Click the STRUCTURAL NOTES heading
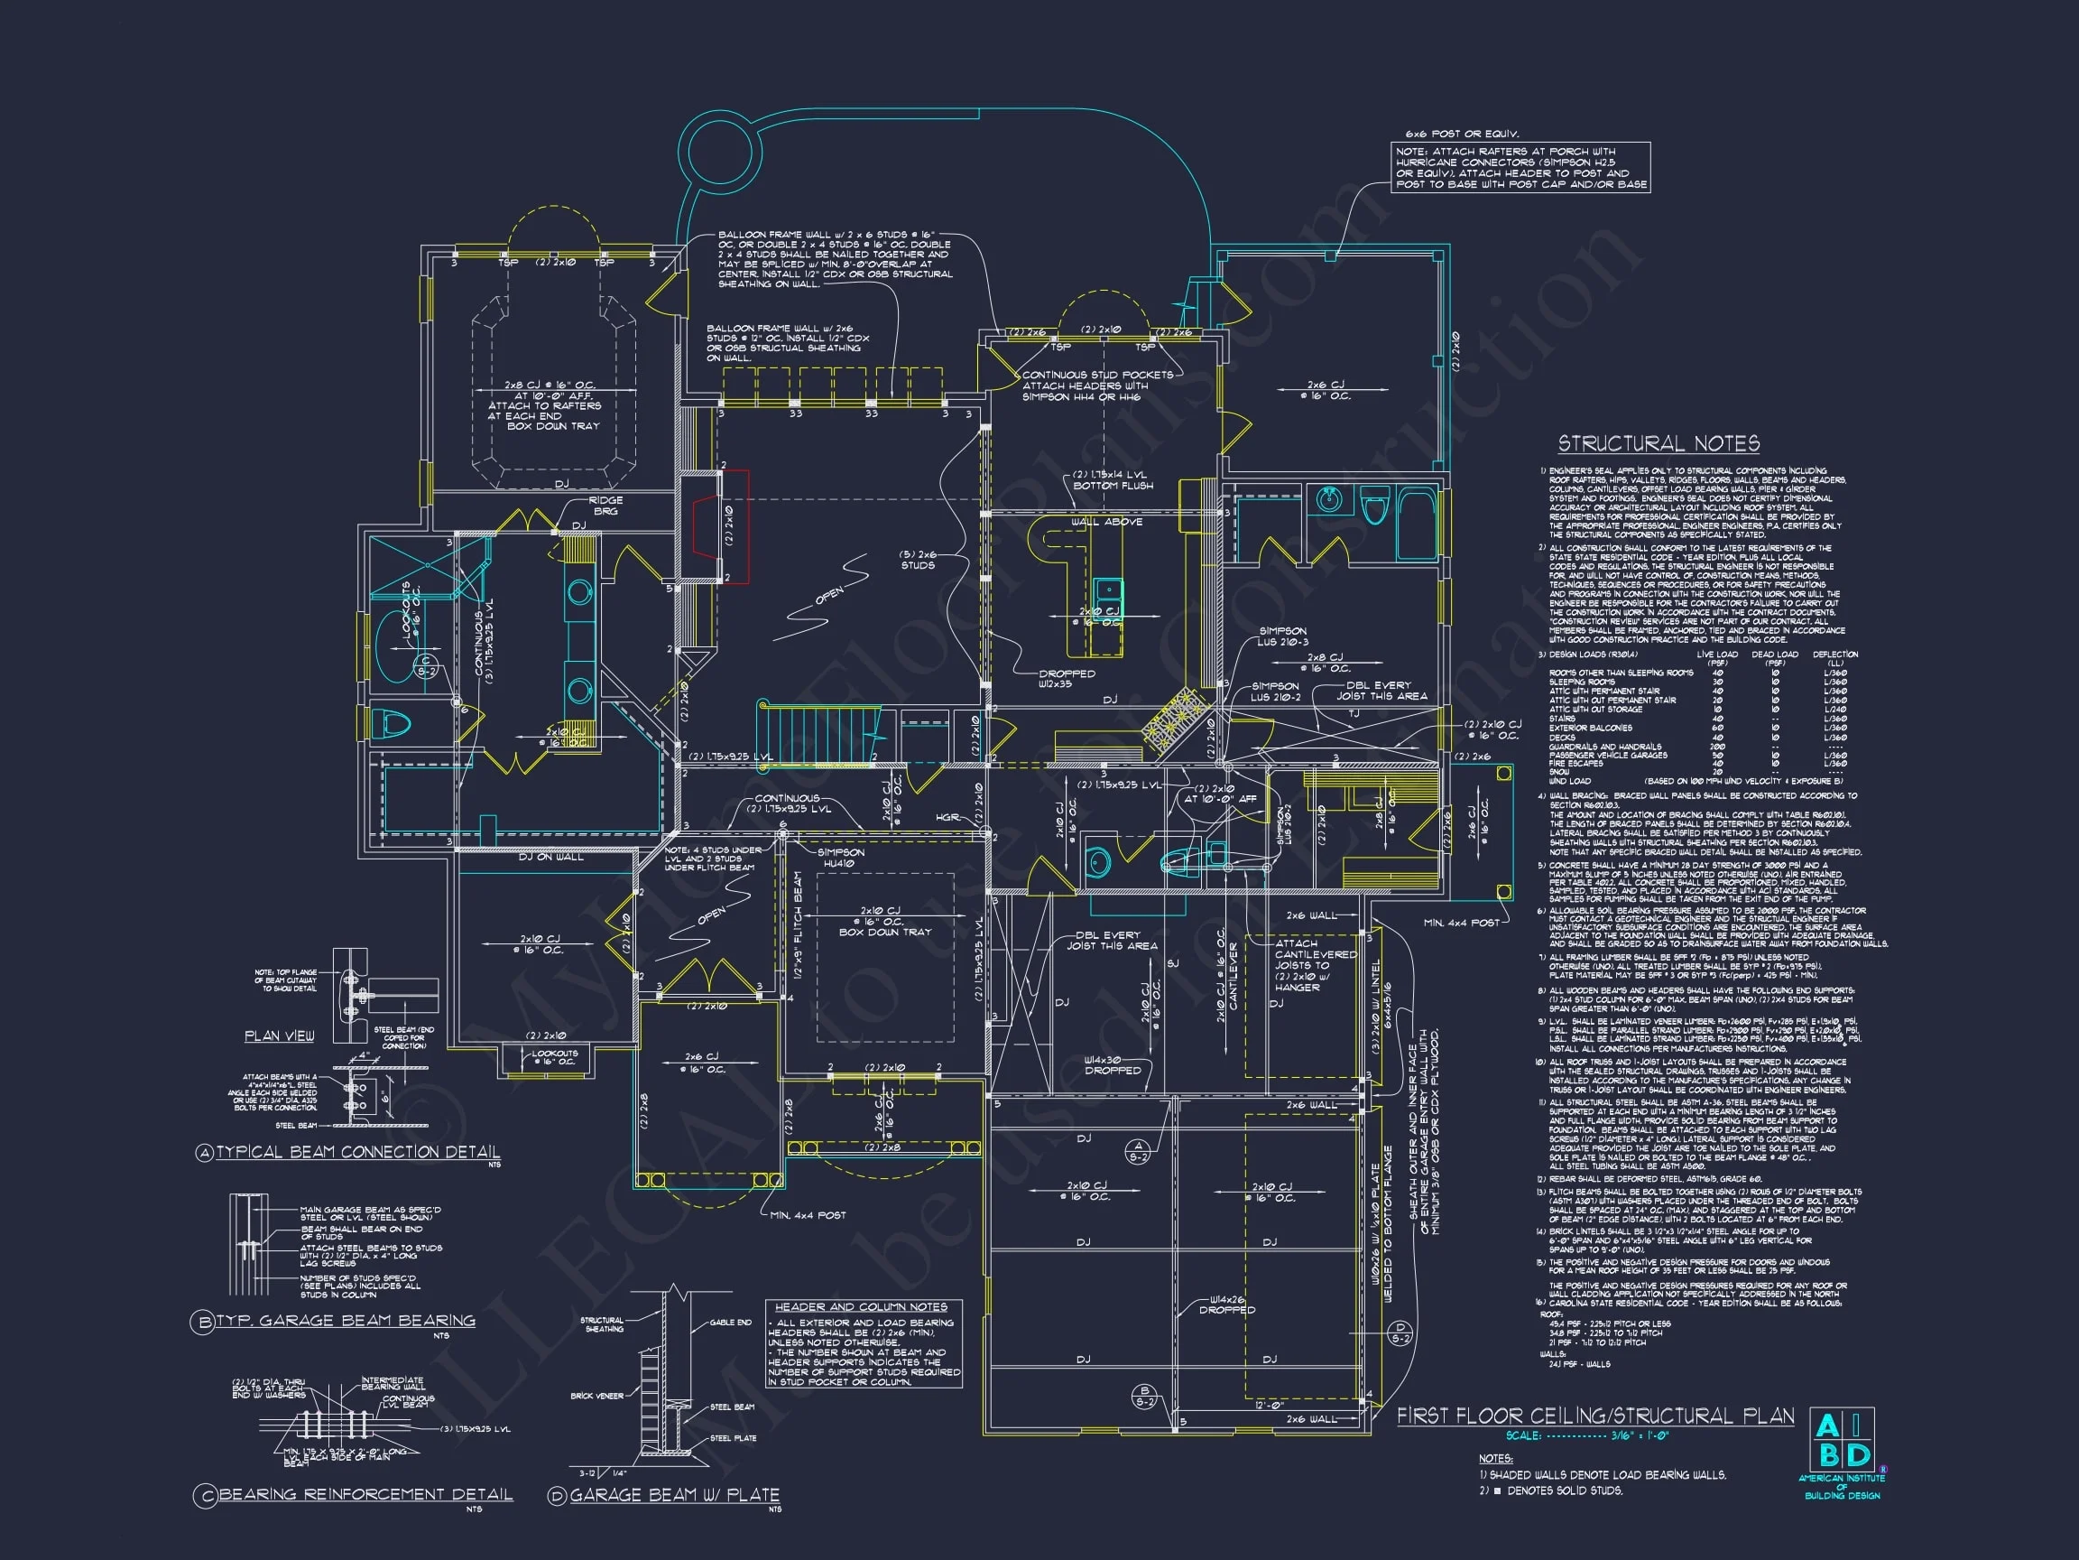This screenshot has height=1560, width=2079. pyautogui.click(x=1659, y=444)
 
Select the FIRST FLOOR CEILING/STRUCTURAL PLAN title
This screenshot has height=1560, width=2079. pyautogui.click(x=1595, y=1416)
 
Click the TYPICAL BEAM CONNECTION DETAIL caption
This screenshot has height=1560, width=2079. pyautogui.click(x=357, y=1152)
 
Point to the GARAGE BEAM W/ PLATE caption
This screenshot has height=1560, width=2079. pyautogui.click(x=674, y=1495)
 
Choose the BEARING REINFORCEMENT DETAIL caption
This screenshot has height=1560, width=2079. pyautogui.click(x=365, y=1494)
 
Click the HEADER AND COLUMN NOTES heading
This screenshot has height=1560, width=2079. pyautogui.click(x=861, y=1307)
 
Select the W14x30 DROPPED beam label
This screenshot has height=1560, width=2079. pyautogui.click(x=1113, y=1064)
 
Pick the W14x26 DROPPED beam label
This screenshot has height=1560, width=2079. pyautogui.click(x=1226, y=1305)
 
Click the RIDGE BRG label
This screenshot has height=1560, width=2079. pyautogui.click(x=605, y=506)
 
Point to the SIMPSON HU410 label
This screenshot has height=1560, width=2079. pyautogui.click(x=840, y=858)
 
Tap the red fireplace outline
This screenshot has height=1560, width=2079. pyautogui.click(x=722, y=526)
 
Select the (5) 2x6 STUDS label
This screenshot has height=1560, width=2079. pyautogui.click(x=918, y=560)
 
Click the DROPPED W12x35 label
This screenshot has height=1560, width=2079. pyautogui.click(x=1067, y=679)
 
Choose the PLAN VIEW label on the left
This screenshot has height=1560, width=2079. pyautogui.click(x=279, y=1036)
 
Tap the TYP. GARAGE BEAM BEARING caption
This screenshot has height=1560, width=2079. pyautogui.click(x=345, y=1321)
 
